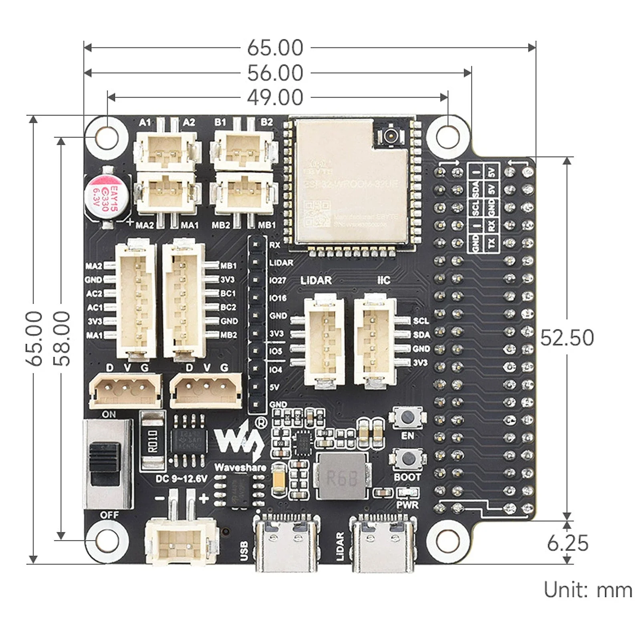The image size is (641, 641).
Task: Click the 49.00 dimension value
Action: point(275,98)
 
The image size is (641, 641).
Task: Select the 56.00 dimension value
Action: point(275,73)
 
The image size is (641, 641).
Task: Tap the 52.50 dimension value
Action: point(566,338)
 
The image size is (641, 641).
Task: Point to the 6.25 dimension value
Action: point(567,543)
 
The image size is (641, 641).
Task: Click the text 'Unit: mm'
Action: point(587,590)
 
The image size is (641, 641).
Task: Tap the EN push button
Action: point(407,417)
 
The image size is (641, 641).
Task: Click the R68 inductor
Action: point(341,477)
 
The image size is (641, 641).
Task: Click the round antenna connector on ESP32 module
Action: point(389,136)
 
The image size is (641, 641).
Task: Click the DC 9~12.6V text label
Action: point(181,479)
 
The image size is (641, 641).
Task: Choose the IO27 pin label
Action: point(277,280)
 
